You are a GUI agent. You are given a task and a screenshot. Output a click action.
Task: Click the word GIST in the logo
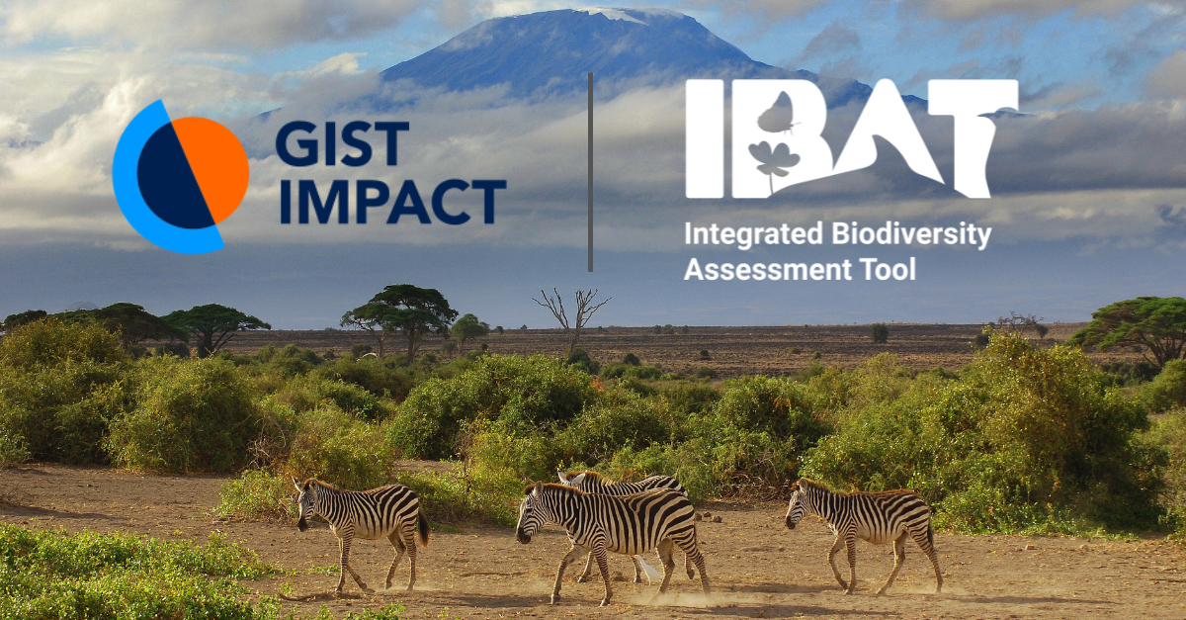tap(341, 143)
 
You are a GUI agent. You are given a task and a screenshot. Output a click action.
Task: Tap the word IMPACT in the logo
tap(392, 202)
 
